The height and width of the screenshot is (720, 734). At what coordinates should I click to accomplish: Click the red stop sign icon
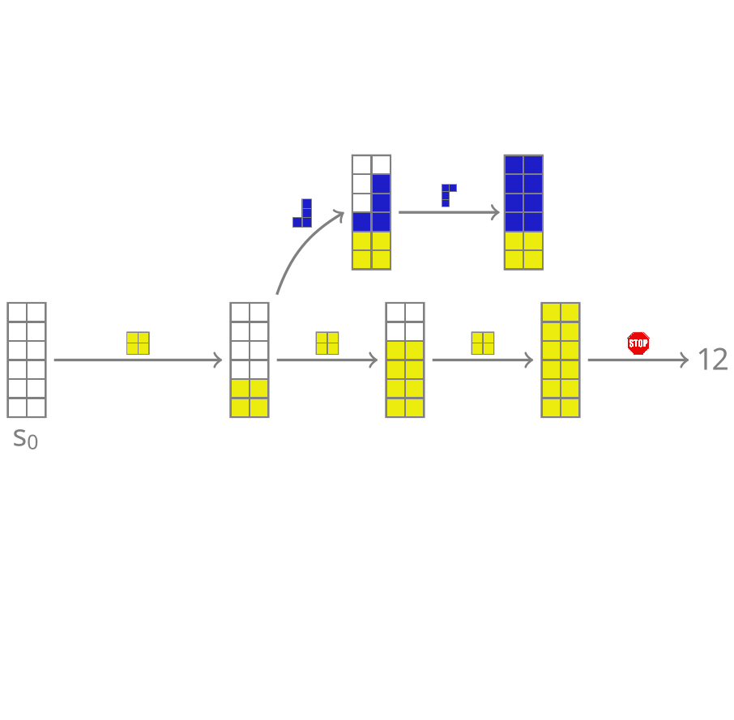point(638,343)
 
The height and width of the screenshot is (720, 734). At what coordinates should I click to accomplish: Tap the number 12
point(713,360)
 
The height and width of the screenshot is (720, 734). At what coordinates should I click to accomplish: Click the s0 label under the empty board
point(25,439)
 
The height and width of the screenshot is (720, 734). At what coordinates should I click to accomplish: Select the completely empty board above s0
point(27,360)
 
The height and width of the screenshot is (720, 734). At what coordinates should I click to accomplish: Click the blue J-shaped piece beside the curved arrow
point(302,213)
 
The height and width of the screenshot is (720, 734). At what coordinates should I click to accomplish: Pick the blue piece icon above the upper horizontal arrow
point(449,195)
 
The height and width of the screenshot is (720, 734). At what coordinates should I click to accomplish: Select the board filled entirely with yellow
point(561,360)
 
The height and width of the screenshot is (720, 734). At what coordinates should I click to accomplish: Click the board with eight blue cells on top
point(523,212)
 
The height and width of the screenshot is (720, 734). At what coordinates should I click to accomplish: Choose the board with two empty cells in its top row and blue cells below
point(371,212)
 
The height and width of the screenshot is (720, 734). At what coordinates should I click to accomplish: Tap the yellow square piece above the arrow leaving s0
point(138,343)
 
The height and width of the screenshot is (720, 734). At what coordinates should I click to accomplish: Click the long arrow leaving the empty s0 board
point(138,360)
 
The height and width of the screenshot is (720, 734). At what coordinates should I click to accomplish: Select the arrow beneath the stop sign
point(638,360)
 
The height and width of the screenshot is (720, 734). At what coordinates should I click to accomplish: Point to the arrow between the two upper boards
point(450,212)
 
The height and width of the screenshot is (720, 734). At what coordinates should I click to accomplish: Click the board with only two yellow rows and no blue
point(250,360)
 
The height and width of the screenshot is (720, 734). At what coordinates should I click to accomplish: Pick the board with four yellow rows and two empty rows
point(405,360)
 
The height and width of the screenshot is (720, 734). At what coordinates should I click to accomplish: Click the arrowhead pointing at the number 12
point(685,360)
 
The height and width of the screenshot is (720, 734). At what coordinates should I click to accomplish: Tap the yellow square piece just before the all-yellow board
point(483,343)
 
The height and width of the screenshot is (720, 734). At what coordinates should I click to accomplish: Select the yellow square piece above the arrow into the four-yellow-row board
point(327,343)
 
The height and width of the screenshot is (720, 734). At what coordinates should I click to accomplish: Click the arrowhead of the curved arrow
point(341,214)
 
